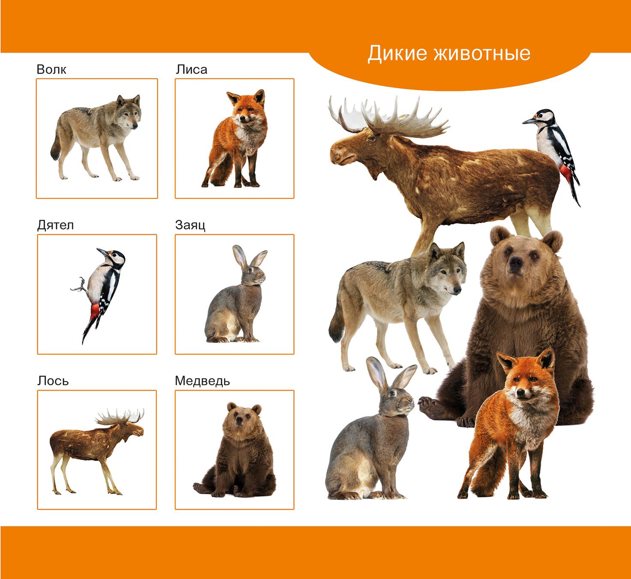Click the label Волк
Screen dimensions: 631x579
pos(51,69)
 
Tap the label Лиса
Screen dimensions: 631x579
pos(191,69)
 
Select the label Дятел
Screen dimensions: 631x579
pos(55,226)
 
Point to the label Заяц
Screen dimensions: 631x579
pos(190,226)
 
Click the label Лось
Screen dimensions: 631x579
pos(53,381)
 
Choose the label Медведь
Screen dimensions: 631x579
pos(202,381)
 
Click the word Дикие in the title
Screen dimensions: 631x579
pos(397,54)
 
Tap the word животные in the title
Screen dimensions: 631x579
pos(482,54)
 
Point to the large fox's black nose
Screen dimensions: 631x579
pos(521,392)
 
